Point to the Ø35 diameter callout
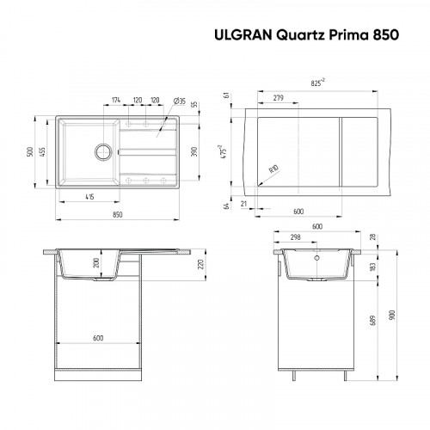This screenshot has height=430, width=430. (x=180, y=102)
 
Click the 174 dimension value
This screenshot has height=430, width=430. (x=117, y=101)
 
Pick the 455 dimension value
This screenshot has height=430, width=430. (x=45, y=151)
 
